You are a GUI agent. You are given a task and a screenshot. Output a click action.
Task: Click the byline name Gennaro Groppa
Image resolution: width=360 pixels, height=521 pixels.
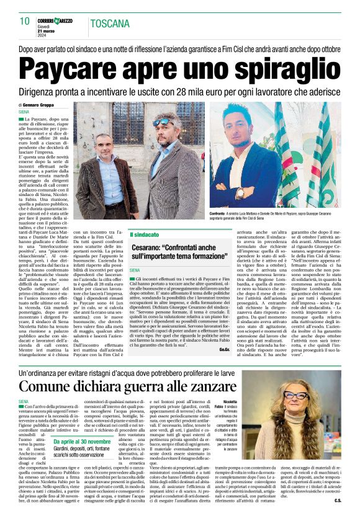[43, 105]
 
